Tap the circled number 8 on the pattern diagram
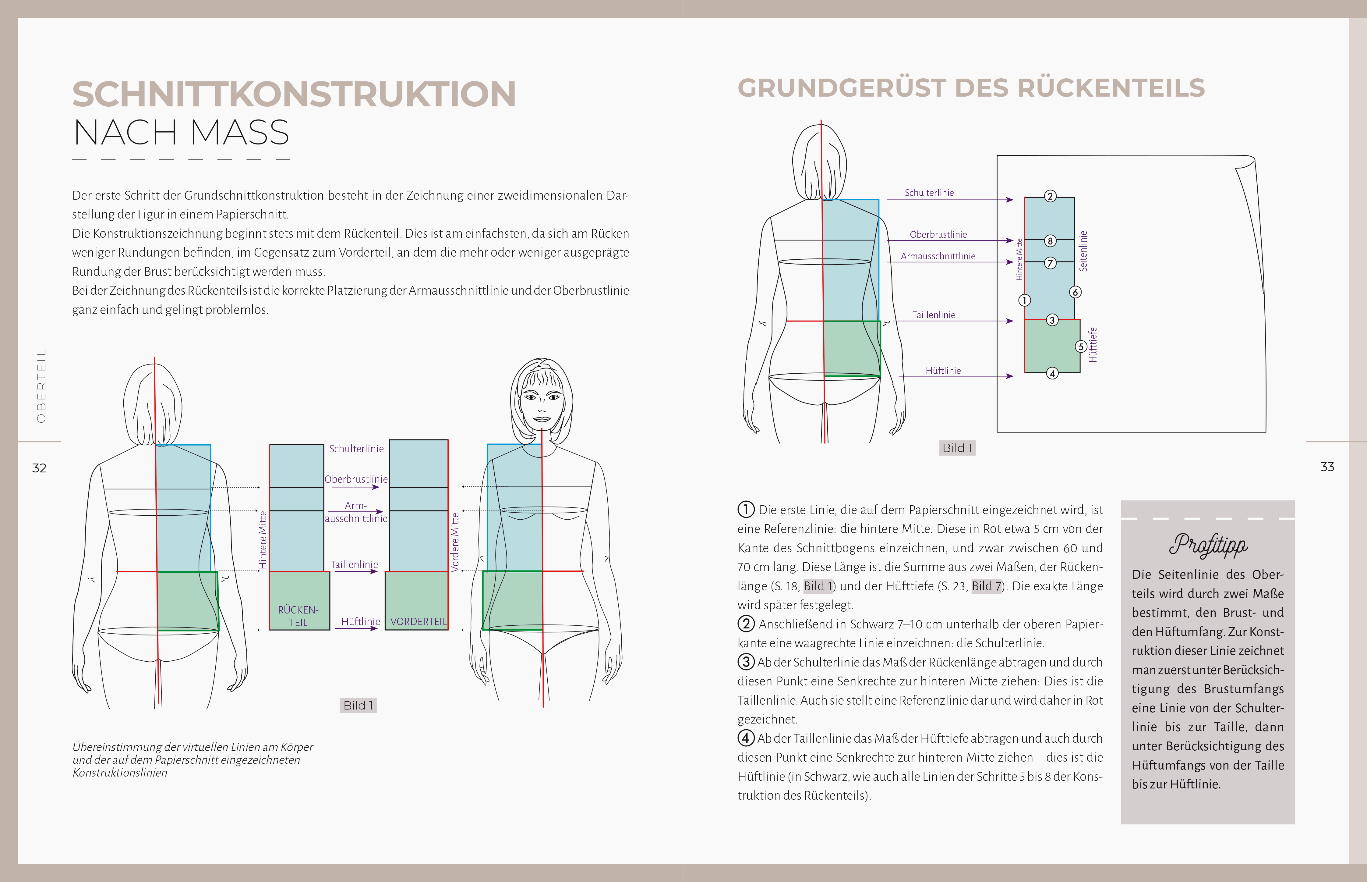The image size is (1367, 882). coord(1050,240)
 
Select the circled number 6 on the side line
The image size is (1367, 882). coord(1075,292)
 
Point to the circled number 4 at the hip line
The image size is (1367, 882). coord(1052,373)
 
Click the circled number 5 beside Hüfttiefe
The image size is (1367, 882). coord(1081,347)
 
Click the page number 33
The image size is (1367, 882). coord(1327,467)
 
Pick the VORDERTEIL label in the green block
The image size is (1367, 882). coord(418,621)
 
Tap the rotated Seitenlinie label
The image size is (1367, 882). coord(1083,251)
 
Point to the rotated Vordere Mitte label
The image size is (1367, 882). coord(455,542)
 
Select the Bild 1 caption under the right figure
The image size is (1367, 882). coord(957,448)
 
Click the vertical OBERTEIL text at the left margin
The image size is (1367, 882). coord(41,386)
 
